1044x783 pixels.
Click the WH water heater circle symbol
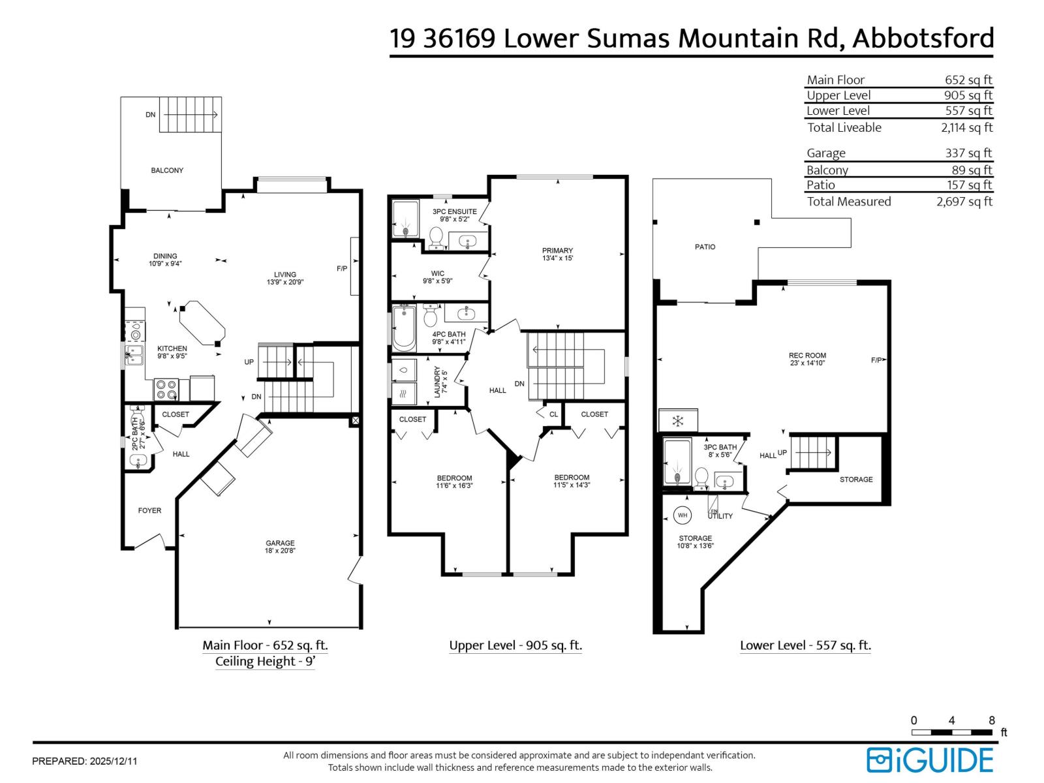683,515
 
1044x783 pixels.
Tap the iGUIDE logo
930,760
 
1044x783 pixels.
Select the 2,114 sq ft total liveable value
966,128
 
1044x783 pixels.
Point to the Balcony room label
167,170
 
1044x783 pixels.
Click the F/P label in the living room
342,269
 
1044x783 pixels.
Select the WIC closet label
437,274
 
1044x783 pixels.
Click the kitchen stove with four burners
166,390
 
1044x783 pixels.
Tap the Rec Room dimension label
807,363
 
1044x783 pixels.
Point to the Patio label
705,247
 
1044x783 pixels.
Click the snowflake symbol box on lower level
678,421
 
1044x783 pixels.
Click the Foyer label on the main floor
149,511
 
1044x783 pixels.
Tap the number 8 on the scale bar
992,720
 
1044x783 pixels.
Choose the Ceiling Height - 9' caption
265,662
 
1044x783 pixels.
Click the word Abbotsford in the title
923,38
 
